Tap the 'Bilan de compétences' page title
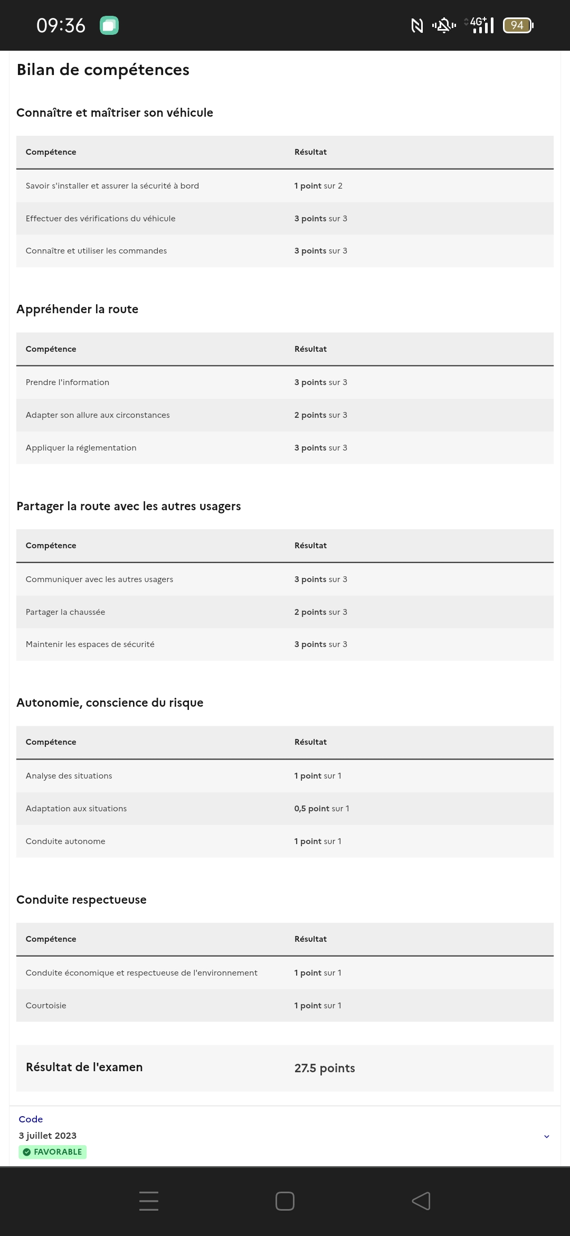point(103,70)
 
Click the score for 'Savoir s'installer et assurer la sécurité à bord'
point(318,186)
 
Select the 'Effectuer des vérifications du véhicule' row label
point(100,219)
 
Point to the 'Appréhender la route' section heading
point(77,309)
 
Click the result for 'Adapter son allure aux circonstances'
point(320,415)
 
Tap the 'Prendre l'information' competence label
point(68,382)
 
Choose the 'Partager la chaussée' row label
point(65,612)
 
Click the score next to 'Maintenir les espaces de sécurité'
point(320,644)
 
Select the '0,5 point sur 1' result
point(321,809)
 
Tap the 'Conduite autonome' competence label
point(65,841)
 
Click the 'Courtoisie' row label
point(46,1006)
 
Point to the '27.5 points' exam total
point(325,1068)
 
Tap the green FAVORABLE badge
point(53,1152)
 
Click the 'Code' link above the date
point(31,1119)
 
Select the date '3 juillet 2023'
point(47,1136)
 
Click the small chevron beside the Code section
point(547,1136)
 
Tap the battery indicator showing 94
point(518,25)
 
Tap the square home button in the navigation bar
point(285,1201)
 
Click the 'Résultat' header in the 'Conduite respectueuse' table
point(310,939)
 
